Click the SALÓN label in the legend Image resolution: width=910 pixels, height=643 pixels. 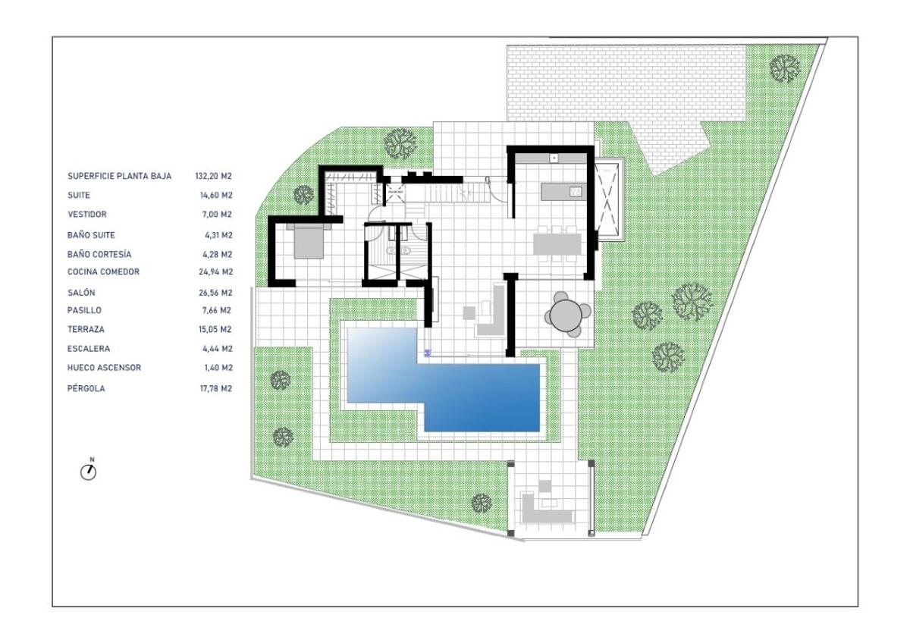coord(81,293)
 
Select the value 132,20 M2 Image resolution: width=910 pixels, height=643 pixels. coord(213,176)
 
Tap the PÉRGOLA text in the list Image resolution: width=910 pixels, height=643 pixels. coord(86,388)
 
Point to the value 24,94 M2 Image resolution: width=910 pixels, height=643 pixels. coord(215,271)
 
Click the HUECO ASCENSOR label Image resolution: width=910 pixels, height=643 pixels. coord(104,368)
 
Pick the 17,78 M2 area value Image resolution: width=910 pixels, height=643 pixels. coord(215,389)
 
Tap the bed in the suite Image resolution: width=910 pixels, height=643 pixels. coord(309,241)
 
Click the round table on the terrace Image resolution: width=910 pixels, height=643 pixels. coord(566,315)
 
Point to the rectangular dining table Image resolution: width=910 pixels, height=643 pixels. coord(557,244)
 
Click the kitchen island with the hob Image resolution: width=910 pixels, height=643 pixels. coord(563,191)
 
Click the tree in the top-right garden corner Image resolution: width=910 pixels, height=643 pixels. coord(785,68)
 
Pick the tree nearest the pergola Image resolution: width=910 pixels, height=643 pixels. coord(482,503)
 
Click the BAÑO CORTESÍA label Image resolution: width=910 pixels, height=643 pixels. coord(99,254)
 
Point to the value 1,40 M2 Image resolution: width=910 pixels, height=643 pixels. coord(218,368)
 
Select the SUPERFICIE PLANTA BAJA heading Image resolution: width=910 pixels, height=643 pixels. coord(120,176)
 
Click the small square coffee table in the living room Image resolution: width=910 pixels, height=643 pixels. coord(469,312)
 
